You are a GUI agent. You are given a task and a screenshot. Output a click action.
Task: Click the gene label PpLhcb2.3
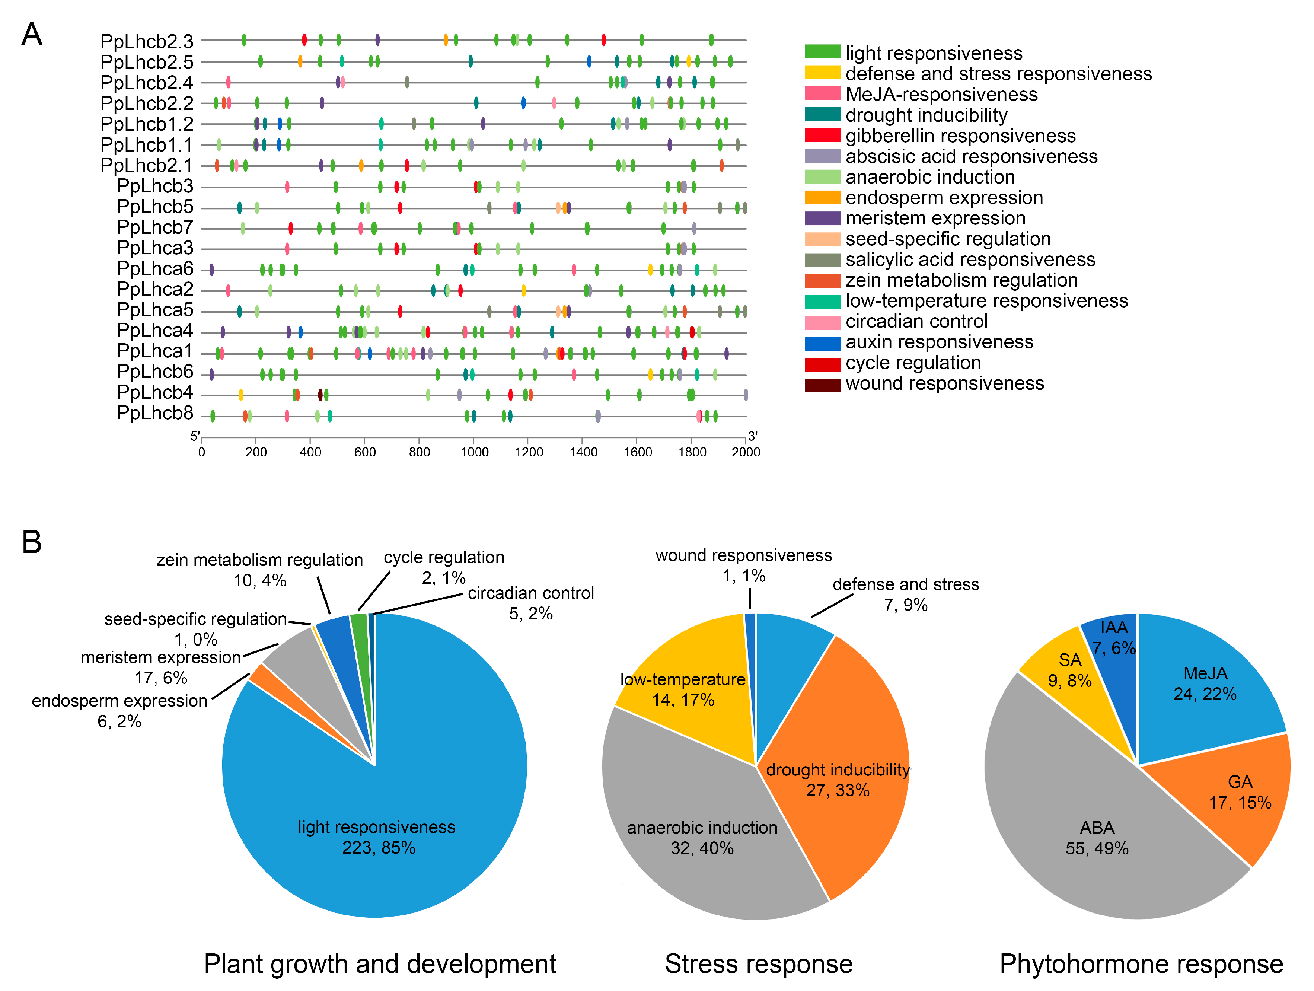[147, 42]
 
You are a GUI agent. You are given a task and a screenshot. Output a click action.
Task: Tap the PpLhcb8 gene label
[155, 413]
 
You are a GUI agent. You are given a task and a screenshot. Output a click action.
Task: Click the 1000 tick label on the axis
[474, 452]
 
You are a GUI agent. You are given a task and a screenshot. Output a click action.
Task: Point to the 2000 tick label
[746, 452]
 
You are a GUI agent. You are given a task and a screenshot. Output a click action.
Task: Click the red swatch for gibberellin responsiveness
[822, 136]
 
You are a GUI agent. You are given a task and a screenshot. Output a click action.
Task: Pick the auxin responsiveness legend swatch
[822, 343]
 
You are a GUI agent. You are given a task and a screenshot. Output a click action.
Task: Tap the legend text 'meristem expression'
[935, 218]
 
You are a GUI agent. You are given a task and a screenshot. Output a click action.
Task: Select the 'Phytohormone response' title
[1141, 964]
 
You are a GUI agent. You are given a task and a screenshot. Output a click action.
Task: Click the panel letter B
[32, 542]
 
